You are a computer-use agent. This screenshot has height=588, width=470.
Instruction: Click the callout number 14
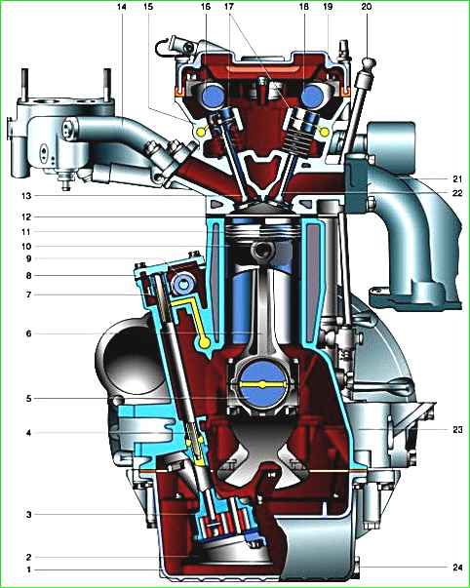point(121,7)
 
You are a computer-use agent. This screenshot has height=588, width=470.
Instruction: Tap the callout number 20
point(366,7)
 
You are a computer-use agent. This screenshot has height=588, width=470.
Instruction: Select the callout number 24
point(457,568)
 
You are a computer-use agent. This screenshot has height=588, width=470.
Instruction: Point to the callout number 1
point(29,569)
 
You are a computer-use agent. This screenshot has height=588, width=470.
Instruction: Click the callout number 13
point(26,196)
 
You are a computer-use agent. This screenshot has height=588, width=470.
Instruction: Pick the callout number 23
point(457,429)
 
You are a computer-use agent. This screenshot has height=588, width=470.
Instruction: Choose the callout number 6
point(29,333)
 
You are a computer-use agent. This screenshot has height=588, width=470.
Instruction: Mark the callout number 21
point(457,178)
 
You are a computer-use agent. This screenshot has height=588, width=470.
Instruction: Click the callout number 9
point(29,258)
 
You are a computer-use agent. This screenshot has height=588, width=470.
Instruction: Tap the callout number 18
point(304,7)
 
